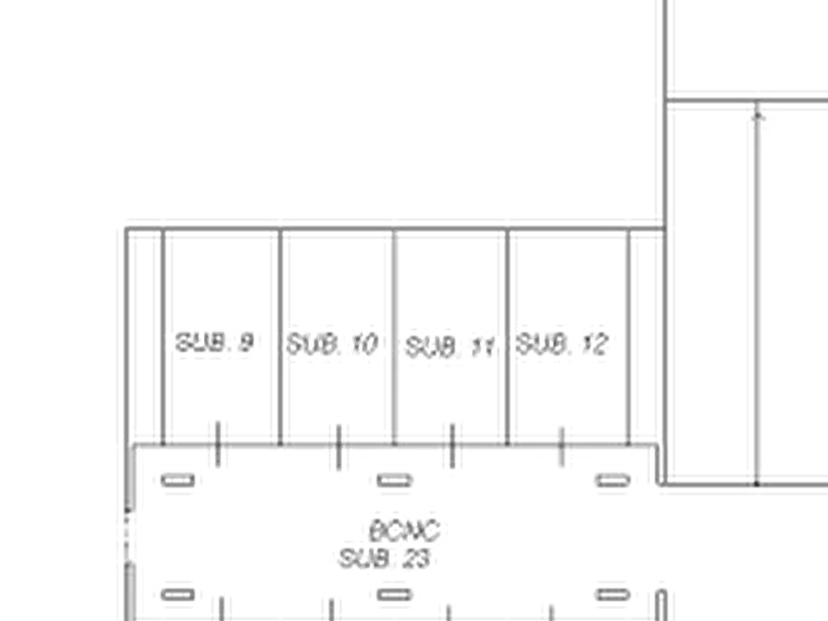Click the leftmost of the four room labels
211,345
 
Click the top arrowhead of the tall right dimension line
759,109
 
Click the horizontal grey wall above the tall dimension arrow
751,101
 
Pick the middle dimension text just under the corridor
388,483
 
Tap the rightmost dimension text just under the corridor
619,483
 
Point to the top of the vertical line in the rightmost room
626,225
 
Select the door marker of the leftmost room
216,437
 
